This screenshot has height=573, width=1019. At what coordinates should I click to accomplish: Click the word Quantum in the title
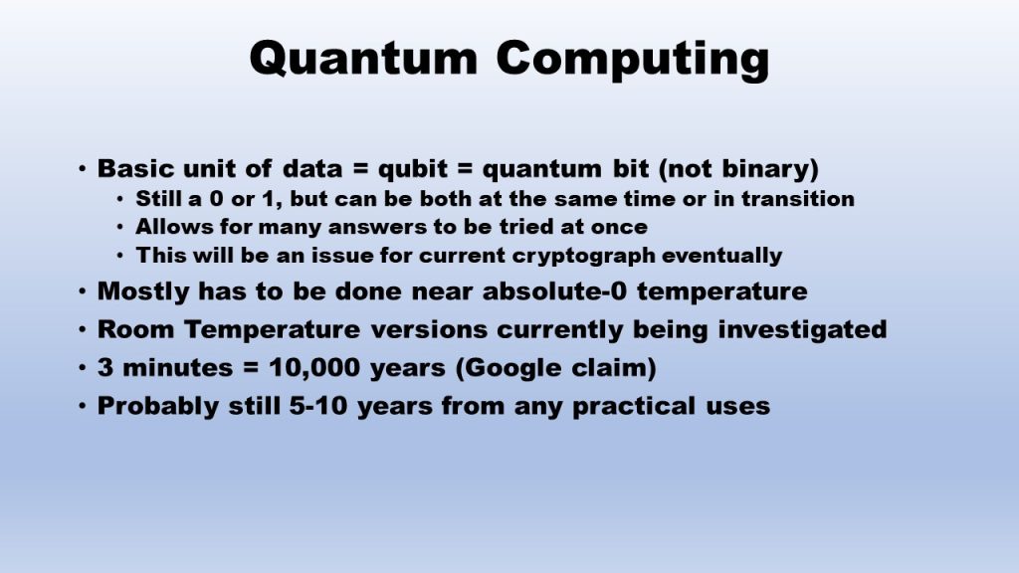pyautogui.click(x=363, y=59)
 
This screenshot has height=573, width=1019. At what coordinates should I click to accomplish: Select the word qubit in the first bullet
pyautogui.click(x=413, y=169)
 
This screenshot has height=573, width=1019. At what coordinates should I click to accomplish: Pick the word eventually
pyautogui.click(x=721, y=256)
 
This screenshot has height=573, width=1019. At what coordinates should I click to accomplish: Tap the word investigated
pyautogui.click(x=802, y=330)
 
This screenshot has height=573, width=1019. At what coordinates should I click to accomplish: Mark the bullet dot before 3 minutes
pyautogui.click(x=82, y=368)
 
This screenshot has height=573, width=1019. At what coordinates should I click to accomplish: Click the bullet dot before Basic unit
pyautogui.click(x=82, y=169)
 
